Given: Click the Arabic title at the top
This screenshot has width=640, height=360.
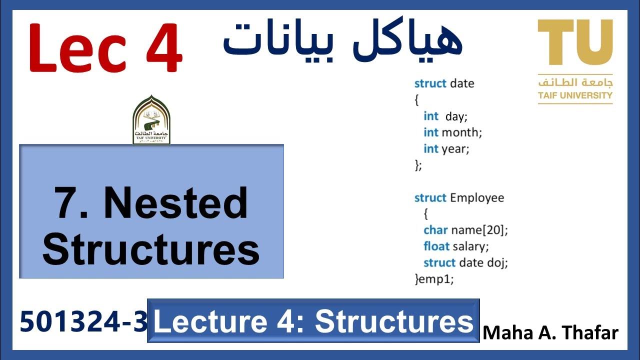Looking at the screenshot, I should [x=342, y=40].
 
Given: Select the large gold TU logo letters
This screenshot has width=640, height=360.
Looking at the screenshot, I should [x=575, y=43].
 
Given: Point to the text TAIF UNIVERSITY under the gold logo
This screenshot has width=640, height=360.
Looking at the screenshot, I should [x=575, y=95].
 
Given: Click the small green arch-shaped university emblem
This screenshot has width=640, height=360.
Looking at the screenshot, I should [x=151, y=120].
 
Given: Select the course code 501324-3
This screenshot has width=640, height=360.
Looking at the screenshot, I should [x=84, y=321].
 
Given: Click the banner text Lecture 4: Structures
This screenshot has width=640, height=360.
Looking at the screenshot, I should [x=313, y=321].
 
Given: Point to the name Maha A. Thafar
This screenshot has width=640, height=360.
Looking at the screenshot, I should [x=550, y=332].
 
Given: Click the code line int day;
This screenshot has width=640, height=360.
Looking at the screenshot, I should [x=445, y=116].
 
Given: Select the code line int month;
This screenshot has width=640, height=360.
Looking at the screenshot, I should [x=452, y=132].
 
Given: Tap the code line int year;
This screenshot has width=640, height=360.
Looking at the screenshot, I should [x=446, y=148].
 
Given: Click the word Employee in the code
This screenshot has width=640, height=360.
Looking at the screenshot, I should [x=477, y=197].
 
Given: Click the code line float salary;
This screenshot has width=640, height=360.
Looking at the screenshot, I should [x=456, y=246].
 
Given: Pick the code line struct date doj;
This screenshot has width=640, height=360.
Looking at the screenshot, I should [x=465, y=262].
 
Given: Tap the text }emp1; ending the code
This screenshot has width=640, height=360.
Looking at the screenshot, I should [x=434, y=279].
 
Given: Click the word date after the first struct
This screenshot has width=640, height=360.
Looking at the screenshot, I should [x=462, y=83].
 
